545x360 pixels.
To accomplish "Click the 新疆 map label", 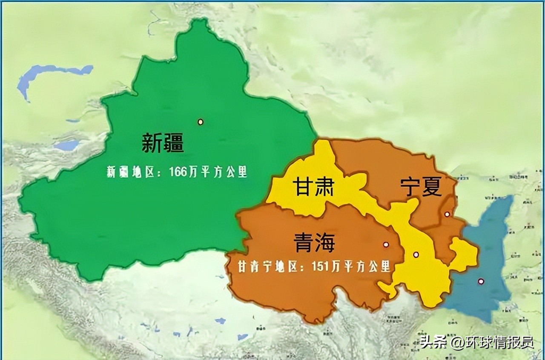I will (x=163, y=143).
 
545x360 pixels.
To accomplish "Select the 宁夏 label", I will (x=421, y=187).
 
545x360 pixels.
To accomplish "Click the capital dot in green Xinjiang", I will (x=200, y=122).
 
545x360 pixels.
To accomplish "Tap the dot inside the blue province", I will (x=481, y=281).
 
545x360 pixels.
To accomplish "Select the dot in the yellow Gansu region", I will (x=416, y=255).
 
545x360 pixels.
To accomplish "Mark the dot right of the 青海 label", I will (x=386, y=245).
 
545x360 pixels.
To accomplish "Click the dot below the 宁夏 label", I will (x=447, y=214).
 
